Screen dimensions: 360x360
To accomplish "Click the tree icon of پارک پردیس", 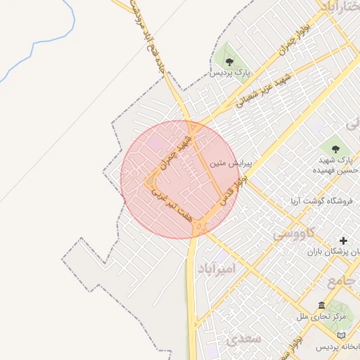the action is tap(229, 61).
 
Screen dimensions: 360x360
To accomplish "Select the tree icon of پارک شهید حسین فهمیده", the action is tap(335, 148).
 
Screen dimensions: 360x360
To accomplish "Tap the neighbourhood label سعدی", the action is tap(245, 339).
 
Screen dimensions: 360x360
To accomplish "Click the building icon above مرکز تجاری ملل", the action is tap(321, 306).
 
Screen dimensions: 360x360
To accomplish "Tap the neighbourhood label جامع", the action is tap(344, 280).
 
